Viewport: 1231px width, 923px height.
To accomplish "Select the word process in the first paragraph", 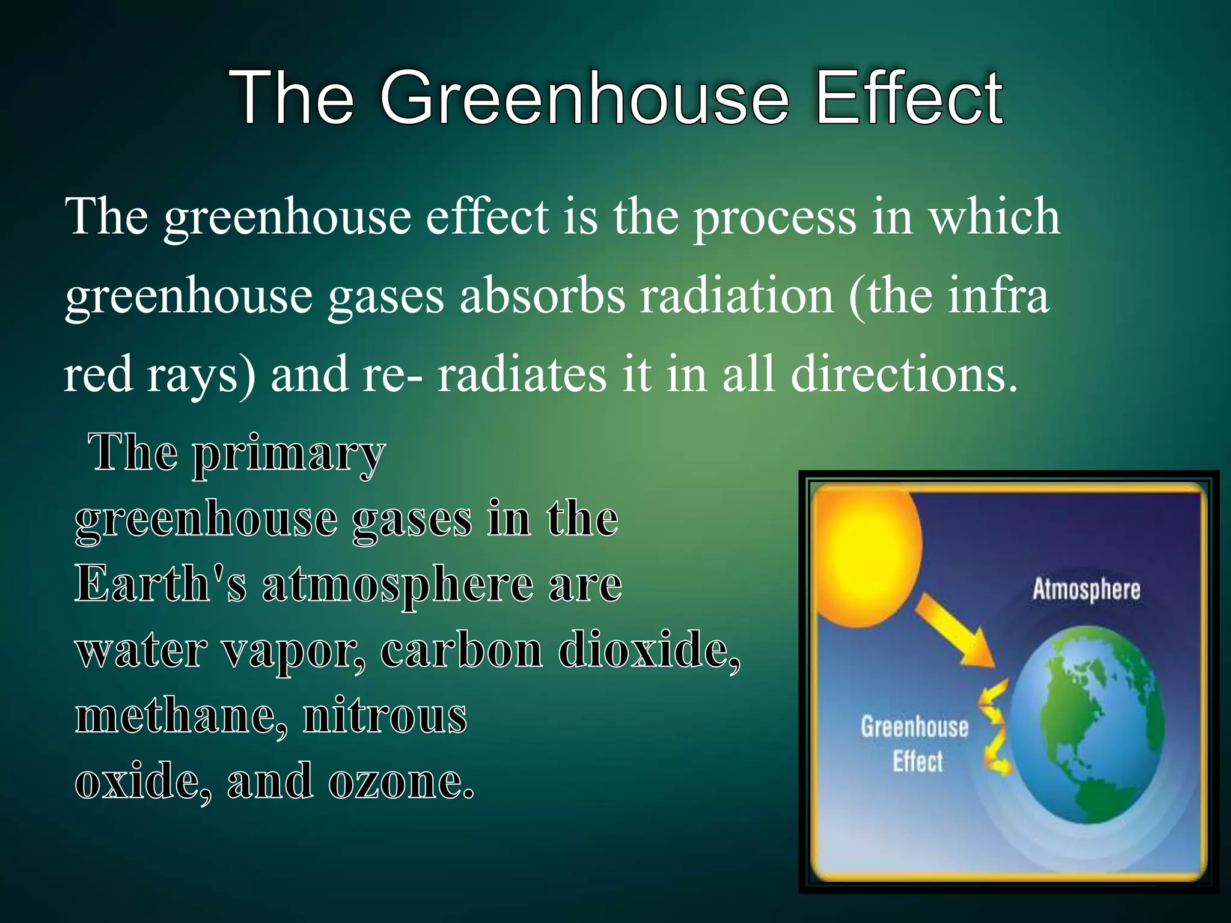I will (775, 218).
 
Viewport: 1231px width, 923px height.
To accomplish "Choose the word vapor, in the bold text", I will (293, 651).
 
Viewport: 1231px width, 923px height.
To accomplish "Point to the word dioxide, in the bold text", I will (649, 650).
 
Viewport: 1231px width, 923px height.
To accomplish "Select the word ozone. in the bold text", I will (402, 782).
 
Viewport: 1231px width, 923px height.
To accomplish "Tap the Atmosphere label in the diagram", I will (1086, 589).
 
